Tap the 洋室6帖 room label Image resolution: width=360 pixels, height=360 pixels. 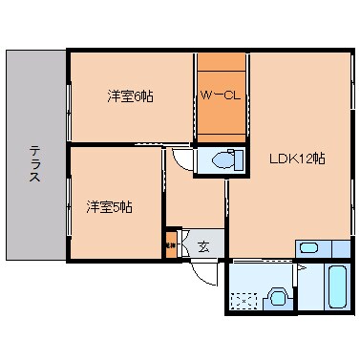[x=128, y=96]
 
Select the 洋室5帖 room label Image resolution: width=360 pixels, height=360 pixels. [x=108, y=206]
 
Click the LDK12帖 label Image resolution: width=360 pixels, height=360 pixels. [x=296, y=159]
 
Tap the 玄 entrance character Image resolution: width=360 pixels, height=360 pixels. [x=203, y=246]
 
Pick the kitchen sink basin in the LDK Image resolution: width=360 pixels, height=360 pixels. [x=308, y=248]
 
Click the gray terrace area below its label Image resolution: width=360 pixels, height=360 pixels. [x=34, y=220]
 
